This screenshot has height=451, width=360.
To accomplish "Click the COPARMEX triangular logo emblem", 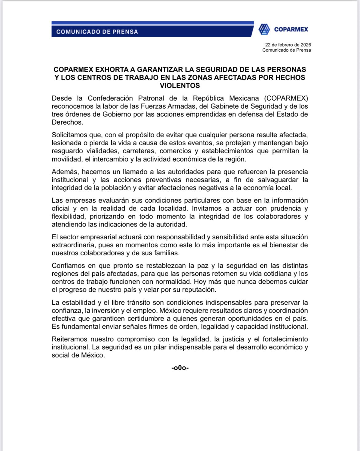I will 264,29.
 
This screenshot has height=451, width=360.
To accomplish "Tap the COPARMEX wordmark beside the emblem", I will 291,29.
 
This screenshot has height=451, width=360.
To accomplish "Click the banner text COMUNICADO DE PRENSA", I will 97,32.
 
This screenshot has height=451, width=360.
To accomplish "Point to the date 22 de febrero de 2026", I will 288,45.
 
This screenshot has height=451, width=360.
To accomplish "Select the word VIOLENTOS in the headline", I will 180,86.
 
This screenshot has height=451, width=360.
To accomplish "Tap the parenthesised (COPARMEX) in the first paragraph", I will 286,98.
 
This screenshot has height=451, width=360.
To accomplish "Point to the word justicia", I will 233,339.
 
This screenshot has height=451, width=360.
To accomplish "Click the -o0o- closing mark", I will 180,368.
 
